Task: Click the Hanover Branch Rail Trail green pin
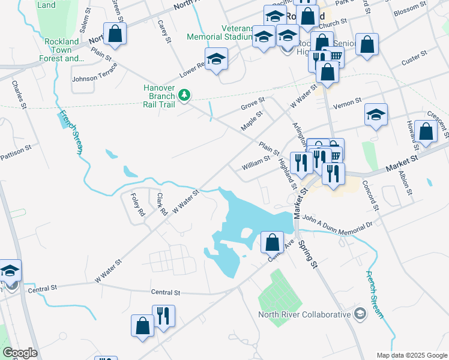point(185,95)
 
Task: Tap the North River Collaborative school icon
point(360,314)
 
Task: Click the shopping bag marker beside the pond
point(273,242)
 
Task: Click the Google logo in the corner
point(19,353)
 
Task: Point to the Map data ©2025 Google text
point(412,355)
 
